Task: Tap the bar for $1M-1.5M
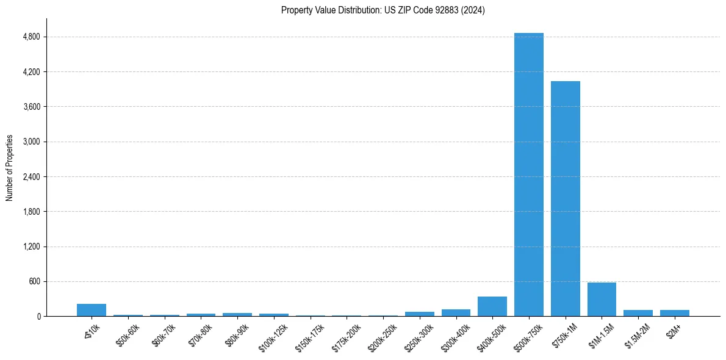click(x=602, y=300)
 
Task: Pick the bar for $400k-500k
click(x=492, y=306)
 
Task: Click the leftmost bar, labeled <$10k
click(x=92, y=310)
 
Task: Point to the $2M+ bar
click(x=674, y=313)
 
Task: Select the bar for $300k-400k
click(x=456, y=313)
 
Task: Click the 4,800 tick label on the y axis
click(x=31, y=37)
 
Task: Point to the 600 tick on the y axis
click(x=34, y=282)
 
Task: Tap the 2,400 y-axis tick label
click(x=31, y=177)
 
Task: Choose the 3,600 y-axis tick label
click(x=31, y=107)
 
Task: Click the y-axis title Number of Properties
click(x=9, y=168)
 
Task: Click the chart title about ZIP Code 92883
click(x=383, y=10)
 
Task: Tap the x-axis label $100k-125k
click(x=273, y=335)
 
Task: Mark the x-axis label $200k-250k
click(x=383, y=335)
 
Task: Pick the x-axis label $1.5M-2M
click(x=638, y=334)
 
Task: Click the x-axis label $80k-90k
click(x=237, y=334)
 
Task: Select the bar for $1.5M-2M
click(x=638, y=313)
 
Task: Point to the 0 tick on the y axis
click(x=38, y=317)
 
